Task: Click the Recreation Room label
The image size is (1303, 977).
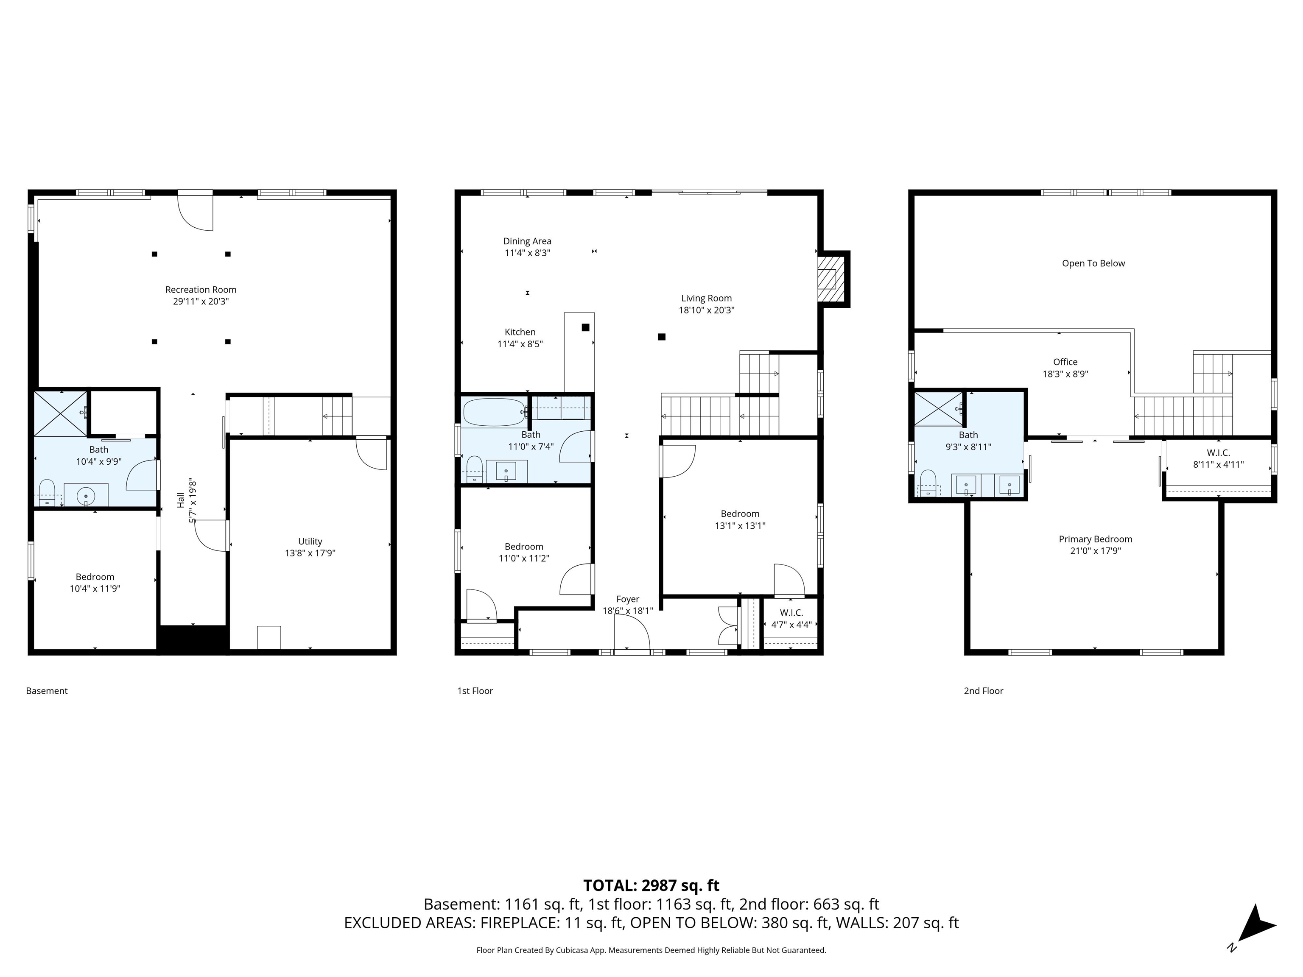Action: click(201, 290)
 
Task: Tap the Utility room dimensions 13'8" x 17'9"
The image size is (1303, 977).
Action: click(310, 553)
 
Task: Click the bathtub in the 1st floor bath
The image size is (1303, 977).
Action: click(494, 412)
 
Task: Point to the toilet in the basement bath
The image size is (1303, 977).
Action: click(47, 492)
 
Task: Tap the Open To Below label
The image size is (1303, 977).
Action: click(1093, 263)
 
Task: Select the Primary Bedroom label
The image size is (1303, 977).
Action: click(1095, 539)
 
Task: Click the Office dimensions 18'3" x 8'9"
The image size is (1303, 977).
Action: click(1065, 374)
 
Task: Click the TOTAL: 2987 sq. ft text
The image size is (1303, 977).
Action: click(651, 885)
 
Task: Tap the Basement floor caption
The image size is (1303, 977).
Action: click(47, 691)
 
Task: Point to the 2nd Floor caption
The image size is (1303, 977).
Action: click(983, 691)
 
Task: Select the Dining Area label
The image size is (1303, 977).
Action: click(527, 241)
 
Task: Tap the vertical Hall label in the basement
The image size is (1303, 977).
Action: click(181, 500)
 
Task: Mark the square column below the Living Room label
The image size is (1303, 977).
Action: click(662, 337)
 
